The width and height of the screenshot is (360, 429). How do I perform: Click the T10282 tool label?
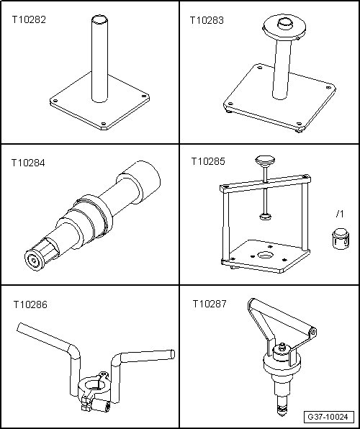pyautogui.click(x=29, y=20)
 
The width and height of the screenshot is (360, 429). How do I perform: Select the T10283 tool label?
pyautogui.click(x=207, y=21)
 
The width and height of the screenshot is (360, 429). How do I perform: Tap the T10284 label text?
pyautogui.click(x=28, y=163)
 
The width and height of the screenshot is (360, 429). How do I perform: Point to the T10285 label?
pyautogui.click(x=208, y=161)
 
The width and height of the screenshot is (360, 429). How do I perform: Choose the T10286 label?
pyautogui.click(x=30, y=304)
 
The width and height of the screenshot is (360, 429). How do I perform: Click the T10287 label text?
pyautogui.click(x=210, y=304)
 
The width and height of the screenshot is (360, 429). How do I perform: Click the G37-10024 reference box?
pyautogui.click(x=328, y=417)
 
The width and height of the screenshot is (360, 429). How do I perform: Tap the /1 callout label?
pyautogui.click(x=340, y=214)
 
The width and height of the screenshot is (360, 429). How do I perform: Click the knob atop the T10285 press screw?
pyautogui.click(x=265, y=160)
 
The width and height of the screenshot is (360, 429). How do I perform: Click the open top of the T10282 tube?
pyautogui.click(x=99, y=20)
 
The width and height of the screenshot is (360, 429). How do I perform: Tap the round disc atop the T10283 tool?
pyautogui.click(x=284, y=27)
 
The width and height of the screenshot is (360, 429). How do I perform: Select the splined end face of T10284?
pyautogui.click(x=35, y=260)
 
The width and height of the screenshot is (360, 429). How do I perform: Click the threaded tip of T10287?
pyautogui.click(x=282, y=408)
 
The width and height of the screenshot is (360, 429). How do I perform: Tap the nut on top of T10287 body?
pyautogui.click(x=282, y=348)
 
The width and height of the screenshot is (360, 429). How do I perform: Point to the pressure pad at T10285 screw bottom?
pyautogui.click(x=265, y=217)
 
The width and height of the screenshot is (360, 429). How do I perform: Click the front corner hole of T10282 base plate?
pyautogui.click(x=103, y=124)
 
